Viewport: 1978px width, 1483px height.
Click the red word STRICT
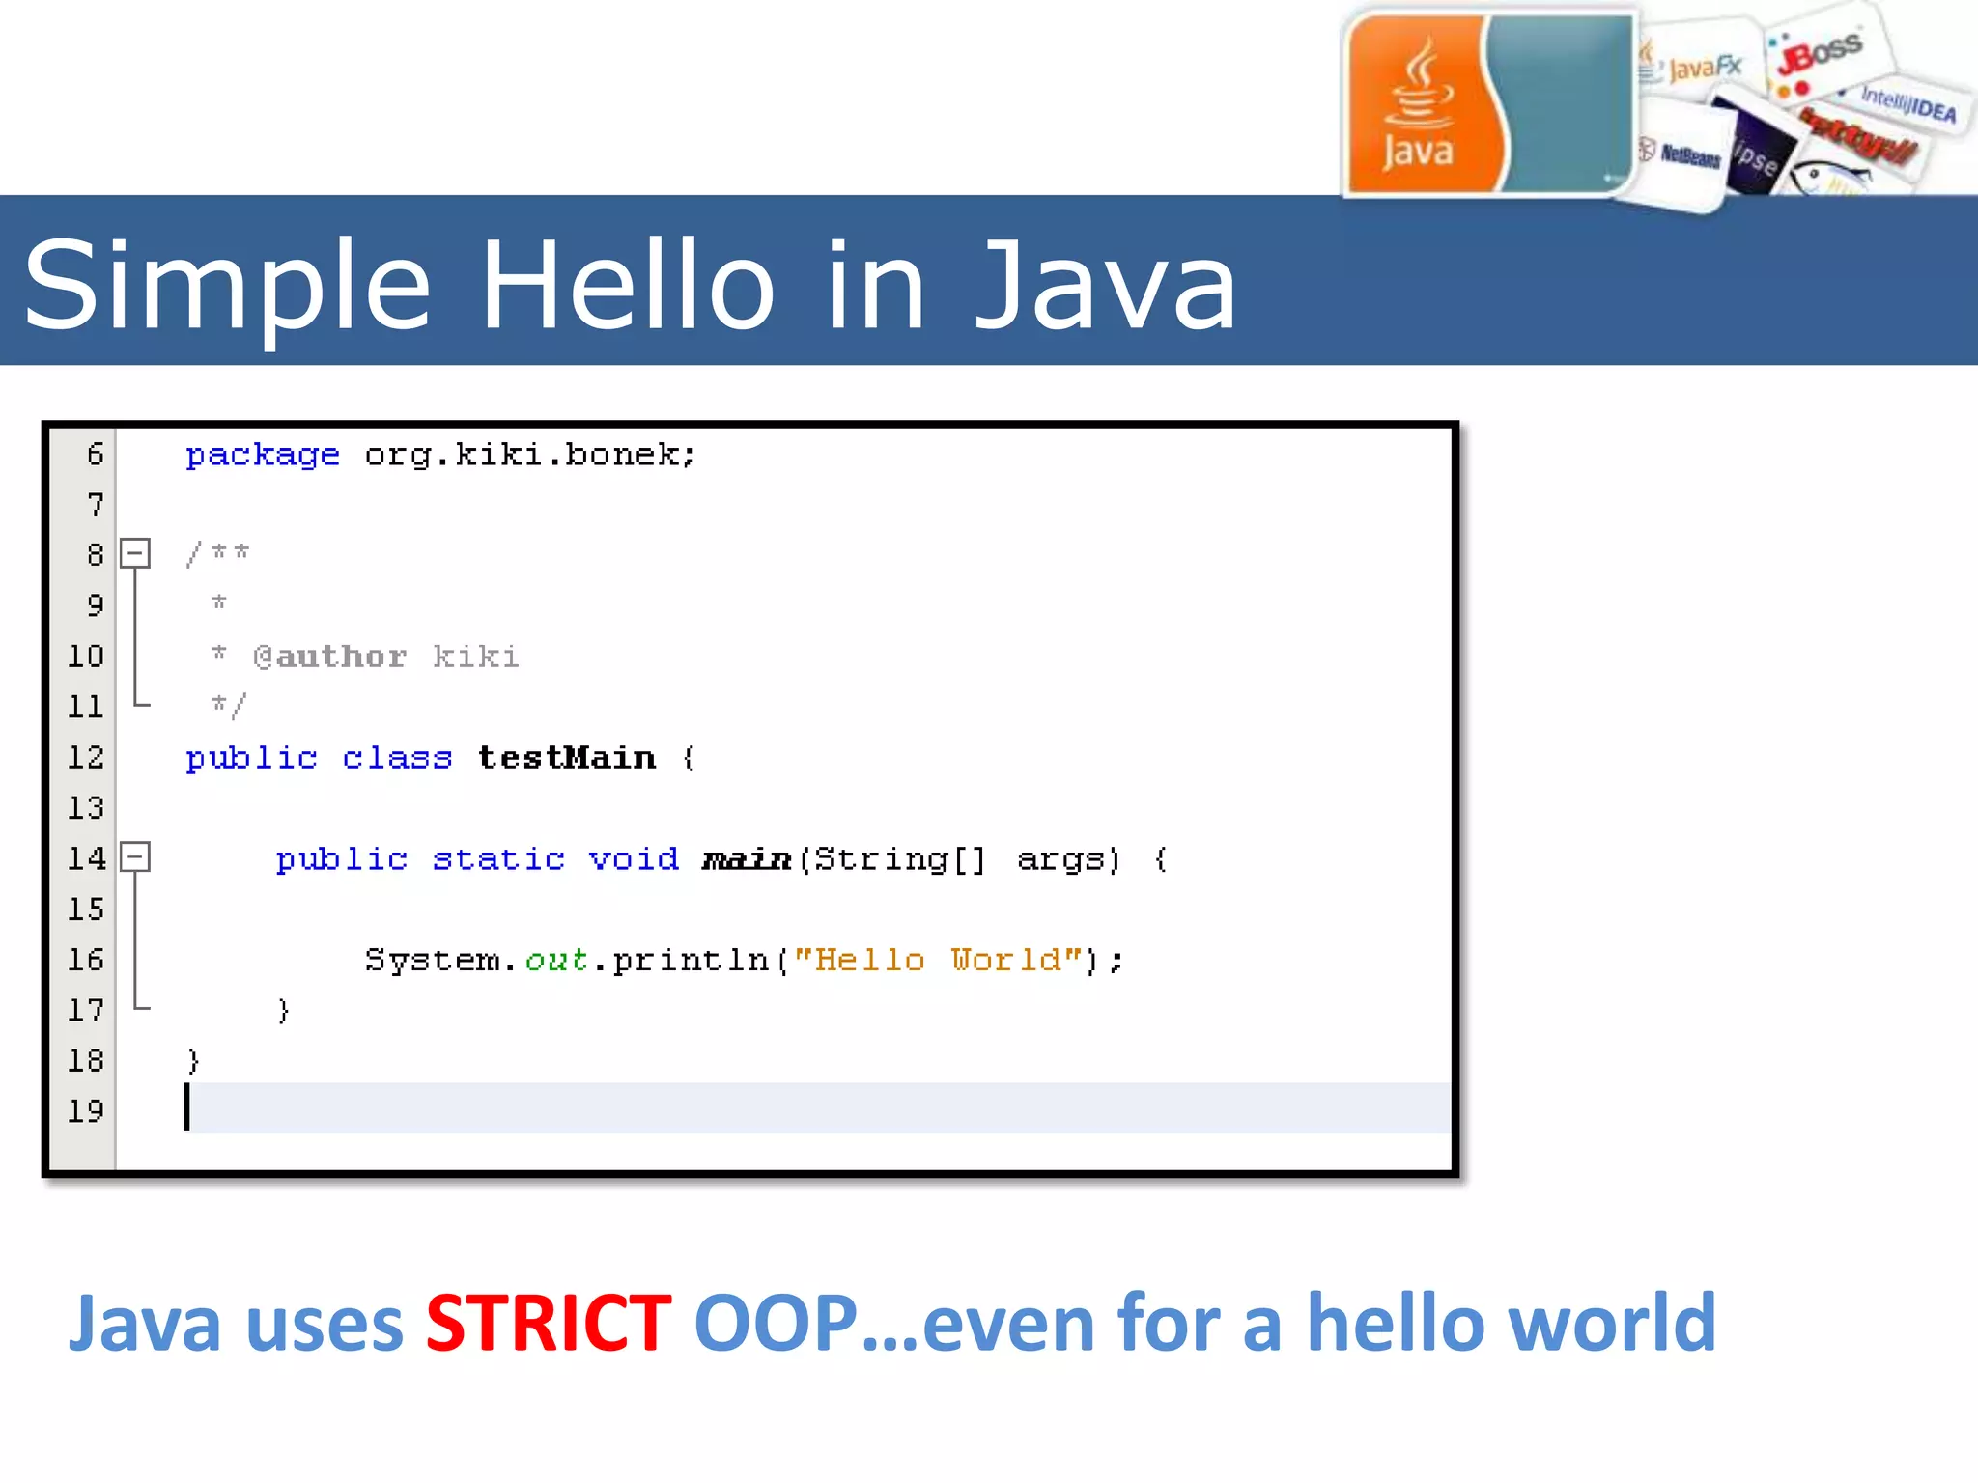(x=548, y=1323)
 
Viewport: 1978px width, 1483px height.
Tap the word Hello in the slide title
(x=627, y=286)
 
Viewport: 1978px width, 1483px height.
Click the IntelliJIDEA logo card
(x=1908, y=103)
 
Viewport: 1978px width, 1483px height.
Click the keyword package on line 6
(x=262, y=455)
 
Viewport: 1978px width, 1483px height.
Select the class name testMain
(x=567, y=758)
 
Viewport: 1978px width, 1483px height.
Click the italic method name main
(x=746, y=858)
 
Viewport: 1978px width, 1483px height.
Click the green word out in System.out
(x=556, y=960)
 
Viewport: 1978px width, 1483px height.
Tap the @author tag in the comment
(x=329, y=657)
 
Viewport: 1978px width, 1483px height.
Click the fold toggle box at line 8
(x=135, y=553)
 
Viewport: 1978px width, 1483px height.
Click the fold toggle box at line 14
(x=135, y=856)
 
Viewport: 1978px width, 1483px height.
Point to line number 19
(x=85, y=1111)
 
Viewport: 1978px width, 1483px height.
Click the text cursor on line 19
(x=187, y=1107)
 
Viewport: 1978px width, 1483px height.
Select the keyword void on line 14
(x=634, y=858)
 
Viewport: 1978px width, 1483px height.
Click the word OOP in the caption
(x=776, y=1323)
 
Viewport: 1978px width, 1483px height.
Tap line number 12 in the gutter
(x=85, y=758)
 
